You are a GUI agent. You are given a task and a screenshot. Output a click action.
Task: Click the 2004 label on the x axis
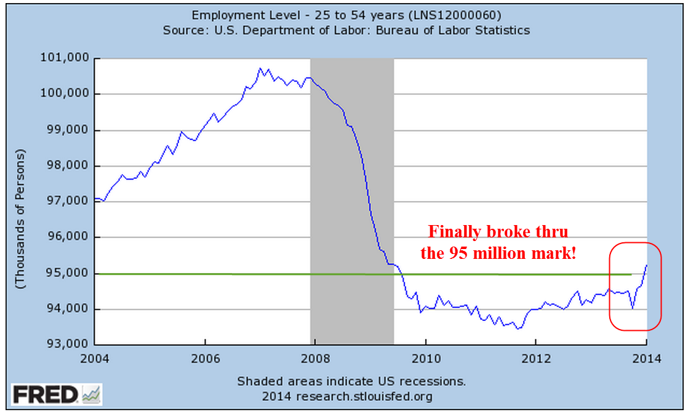click(95, 359)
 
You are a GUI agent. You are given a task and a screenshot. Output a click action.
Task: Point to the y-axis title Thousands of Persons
click(20, 219)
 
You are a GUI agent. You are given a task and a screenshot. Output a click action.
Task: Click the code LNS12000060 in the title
click(458, 15)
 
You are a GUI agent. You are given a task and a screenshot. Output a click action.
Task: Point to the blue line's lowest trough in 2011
click(518, 328)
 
